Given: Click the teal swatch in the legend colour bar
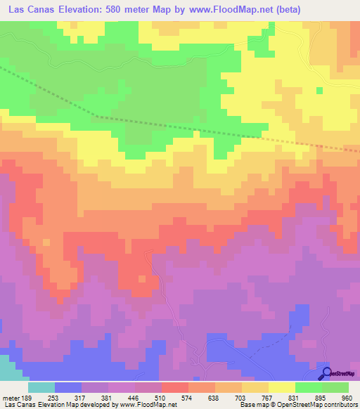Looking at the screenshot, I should (x=41, y=387).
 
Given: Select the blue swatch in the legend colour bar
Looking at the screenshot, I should (x=68, y=387).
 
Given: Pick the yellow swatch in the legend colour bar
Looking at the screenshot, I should (x=282, y=387).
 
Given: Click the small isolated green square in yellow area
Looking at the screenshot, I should (x=320, y=89).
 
